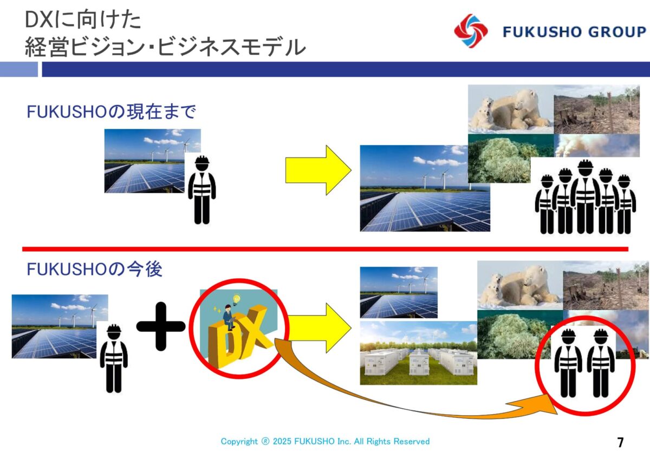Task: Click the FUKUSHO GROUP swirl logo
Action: pyautogui.click(x=471, y=31)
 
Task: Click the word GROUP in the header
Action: pyautogui.click(x=617, y=32)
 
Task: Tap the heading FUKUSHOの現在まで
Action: pyautogui.click(x=111, y=112)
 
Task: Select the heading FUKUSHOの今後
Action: pyautogui.click(x=94, y=269)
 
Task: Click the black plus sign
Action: pyautogui.click(x=161, y=326)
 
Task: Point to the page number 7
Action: pyautogui.click(x=620, y=442)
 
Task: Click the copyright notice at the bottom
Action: pyautogui.click(x=325, y=441)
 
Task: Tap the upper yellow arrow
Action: pyautogui.click(x=318, y=170)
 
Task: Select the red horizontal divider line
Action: pyautogui.click(x=326, y=249)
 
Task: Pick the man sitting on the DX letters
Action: pyautogui.click(x=229, y=317)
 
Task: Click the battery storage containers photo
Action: pyautogui.click(x=418, y=353)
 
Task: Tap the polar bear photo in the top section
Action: pyautogui.click(x=511, y=109)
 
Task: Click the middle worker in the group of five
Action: pyautogui.click(x=586, y=196)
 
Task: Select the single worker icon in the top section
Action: pyautogui.click(x=202, y=189)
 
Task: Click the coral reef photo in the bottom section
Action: pyautogui.click(x=514, y=335)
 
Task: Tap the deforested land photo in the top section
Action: pyautogui.click(x=597, y=109)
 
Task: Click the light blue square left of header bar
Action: pyautogui.click(x=19, y=69)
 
